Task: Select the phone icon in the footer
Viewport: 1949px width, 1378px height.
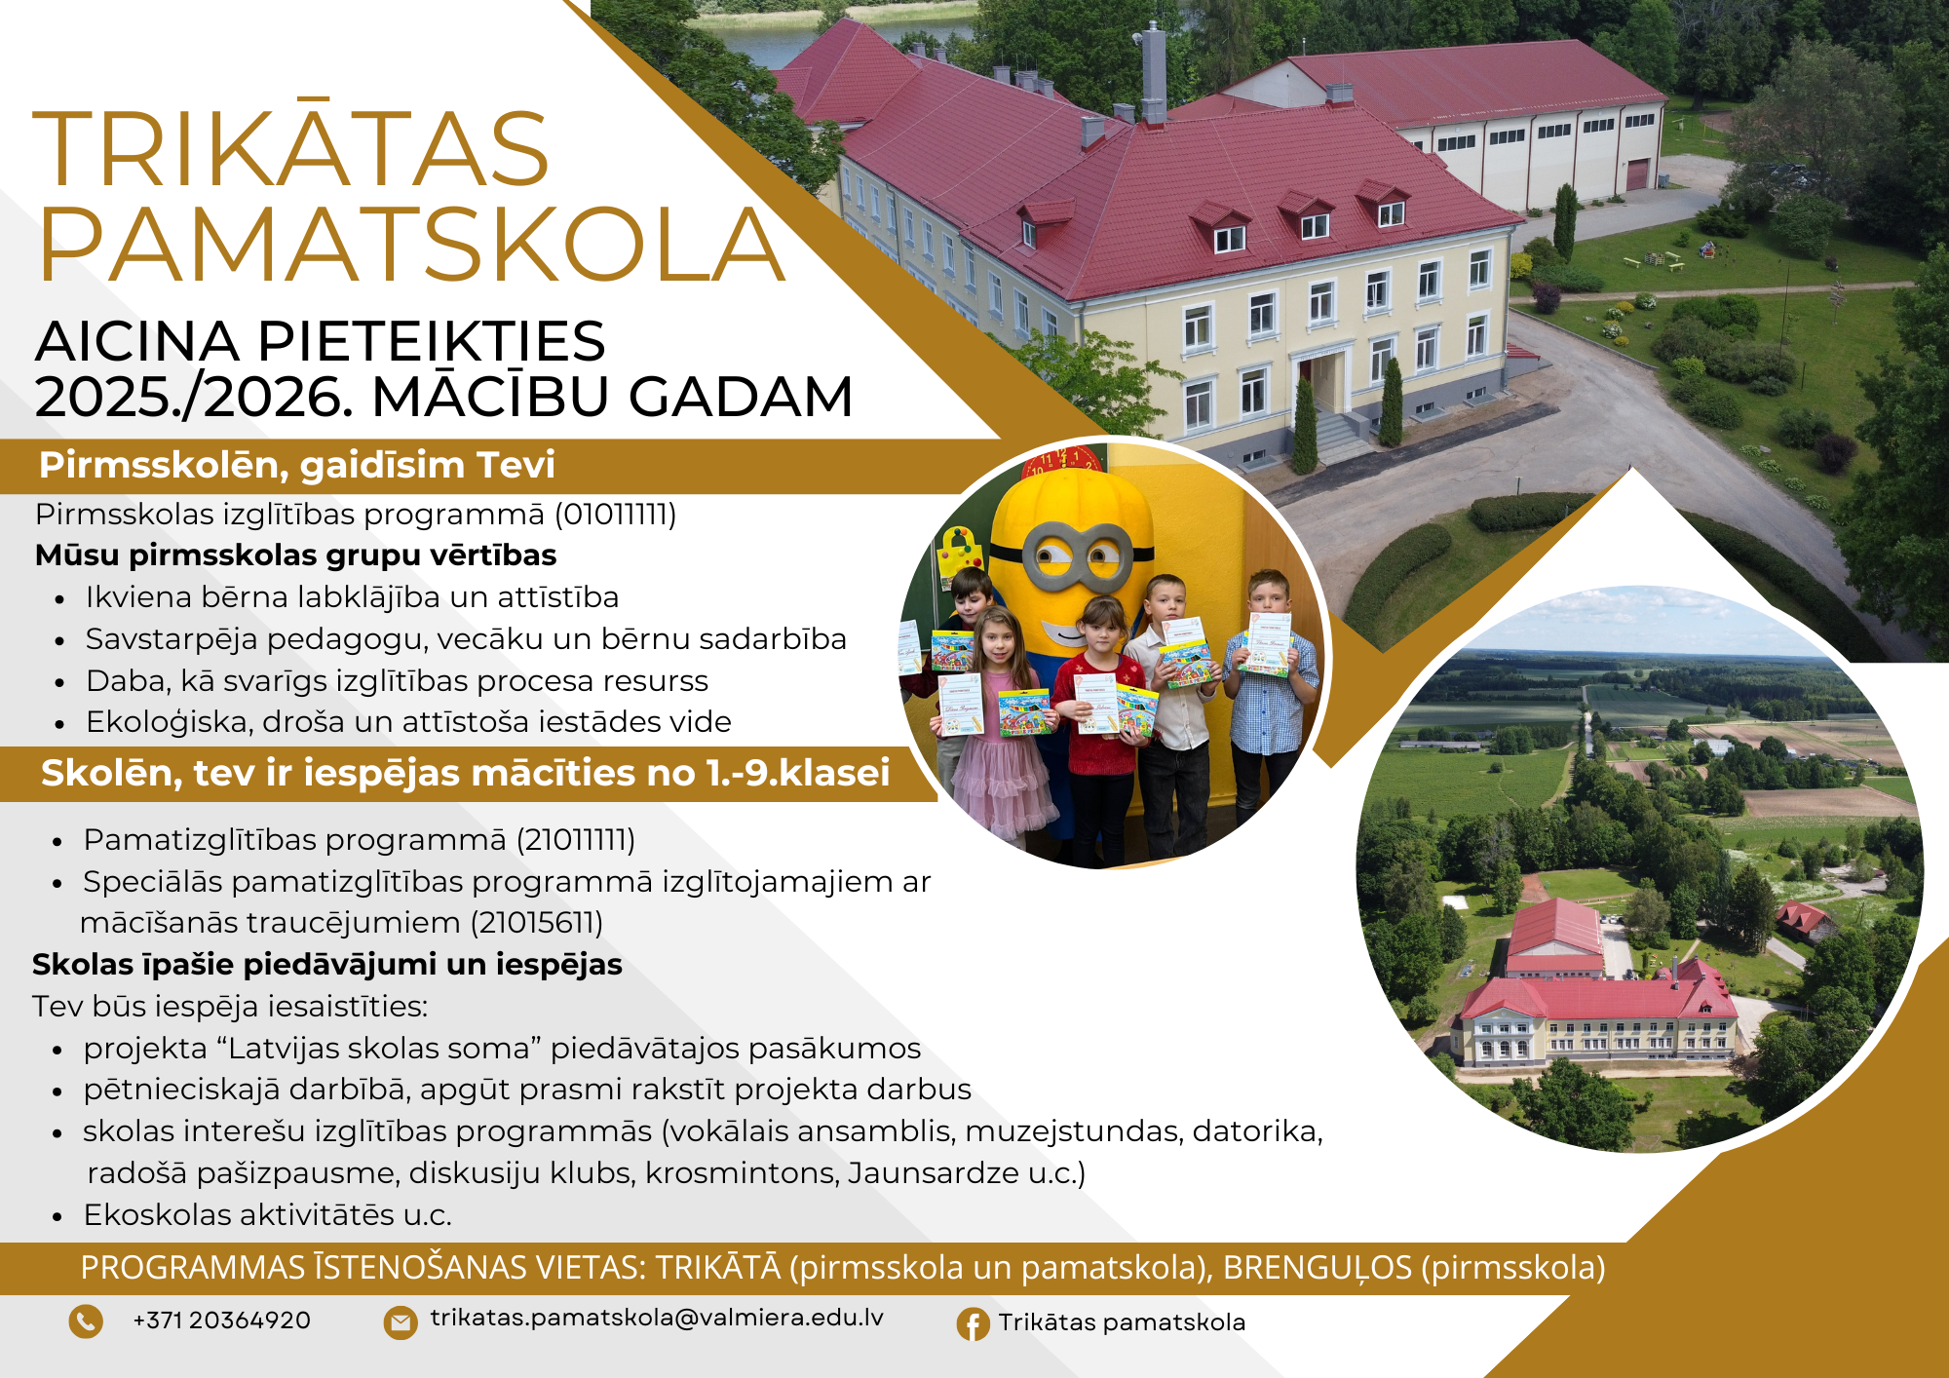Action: click(x=86, y=1321)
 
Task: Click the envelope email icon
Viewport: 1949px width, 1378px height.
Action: click(x=400, y=1322)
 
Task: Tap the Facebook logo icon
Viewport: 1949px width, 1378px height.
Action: click(x=973, y=1323)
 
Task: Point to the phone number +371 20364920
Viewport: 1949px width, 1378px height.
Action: click(x=221, y=1321)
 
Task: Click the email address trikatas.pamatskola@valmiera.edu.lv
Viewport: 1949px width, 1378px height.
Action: click(x=657, y=1318)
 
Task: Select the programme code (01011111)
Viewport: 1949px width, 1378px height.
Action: click(x=616, y=514)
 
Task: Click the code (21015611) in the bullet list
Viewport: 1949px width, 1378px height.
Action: click(x=537, y=922)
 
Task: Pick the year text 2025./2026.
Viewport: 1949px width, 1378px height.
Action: click(x=193, y=397)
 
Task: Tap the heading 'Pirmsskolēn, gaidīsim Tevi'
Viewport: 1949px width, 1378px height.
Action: click(x=297, y=465)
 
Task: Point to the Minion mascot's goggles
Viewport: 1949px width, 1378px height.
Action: click(x=1077, y=554)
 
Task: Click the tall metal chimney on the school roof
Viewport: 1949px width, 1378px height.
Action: click(x=1154, y=74)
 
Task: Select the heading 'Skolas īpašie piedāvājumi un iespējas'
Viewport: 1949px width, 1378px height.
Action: click(x=327, y=964)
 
